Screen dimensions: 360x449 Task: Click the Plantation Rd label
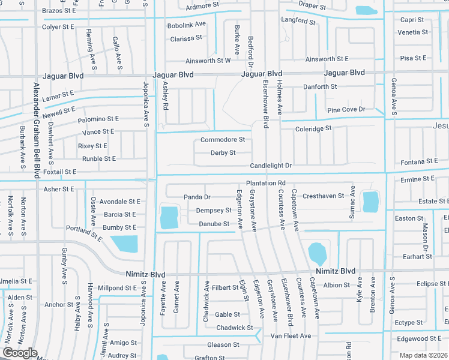[x=265, y=183]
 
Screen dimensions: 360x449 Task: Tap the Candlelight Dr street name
[x=271, y=166]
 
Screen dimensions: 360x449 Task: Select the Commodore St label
[x=223, y=140]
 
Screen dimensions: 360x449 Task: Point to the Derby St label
[x=223, y=153]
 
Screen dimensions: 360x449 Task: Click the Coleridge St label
[x=313, y=129]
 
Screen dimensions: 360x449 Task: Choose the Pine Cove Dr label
[x=346, y=110]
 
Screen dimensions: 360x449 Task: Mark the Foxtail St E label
[x=61, y=172]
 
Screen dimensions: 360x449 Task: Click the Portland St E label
[x=84, y=233]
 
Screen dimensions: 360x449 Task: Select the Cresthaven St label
[x=324, y=196]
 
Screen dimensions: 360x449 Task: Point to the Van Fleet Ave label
[x=291, y=336]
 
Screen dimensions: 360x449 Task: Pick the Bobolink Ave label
[x=187, y=25]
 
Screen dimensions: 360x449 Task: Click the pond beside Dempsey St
[x=170, y=217]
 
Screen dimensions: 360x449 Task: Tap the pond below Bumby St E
[x=125, y=244]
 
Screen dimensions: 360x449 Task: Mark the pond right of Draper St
[x=364, y=10]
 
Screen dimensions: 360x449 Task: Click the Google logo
[x=20, y=353]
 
